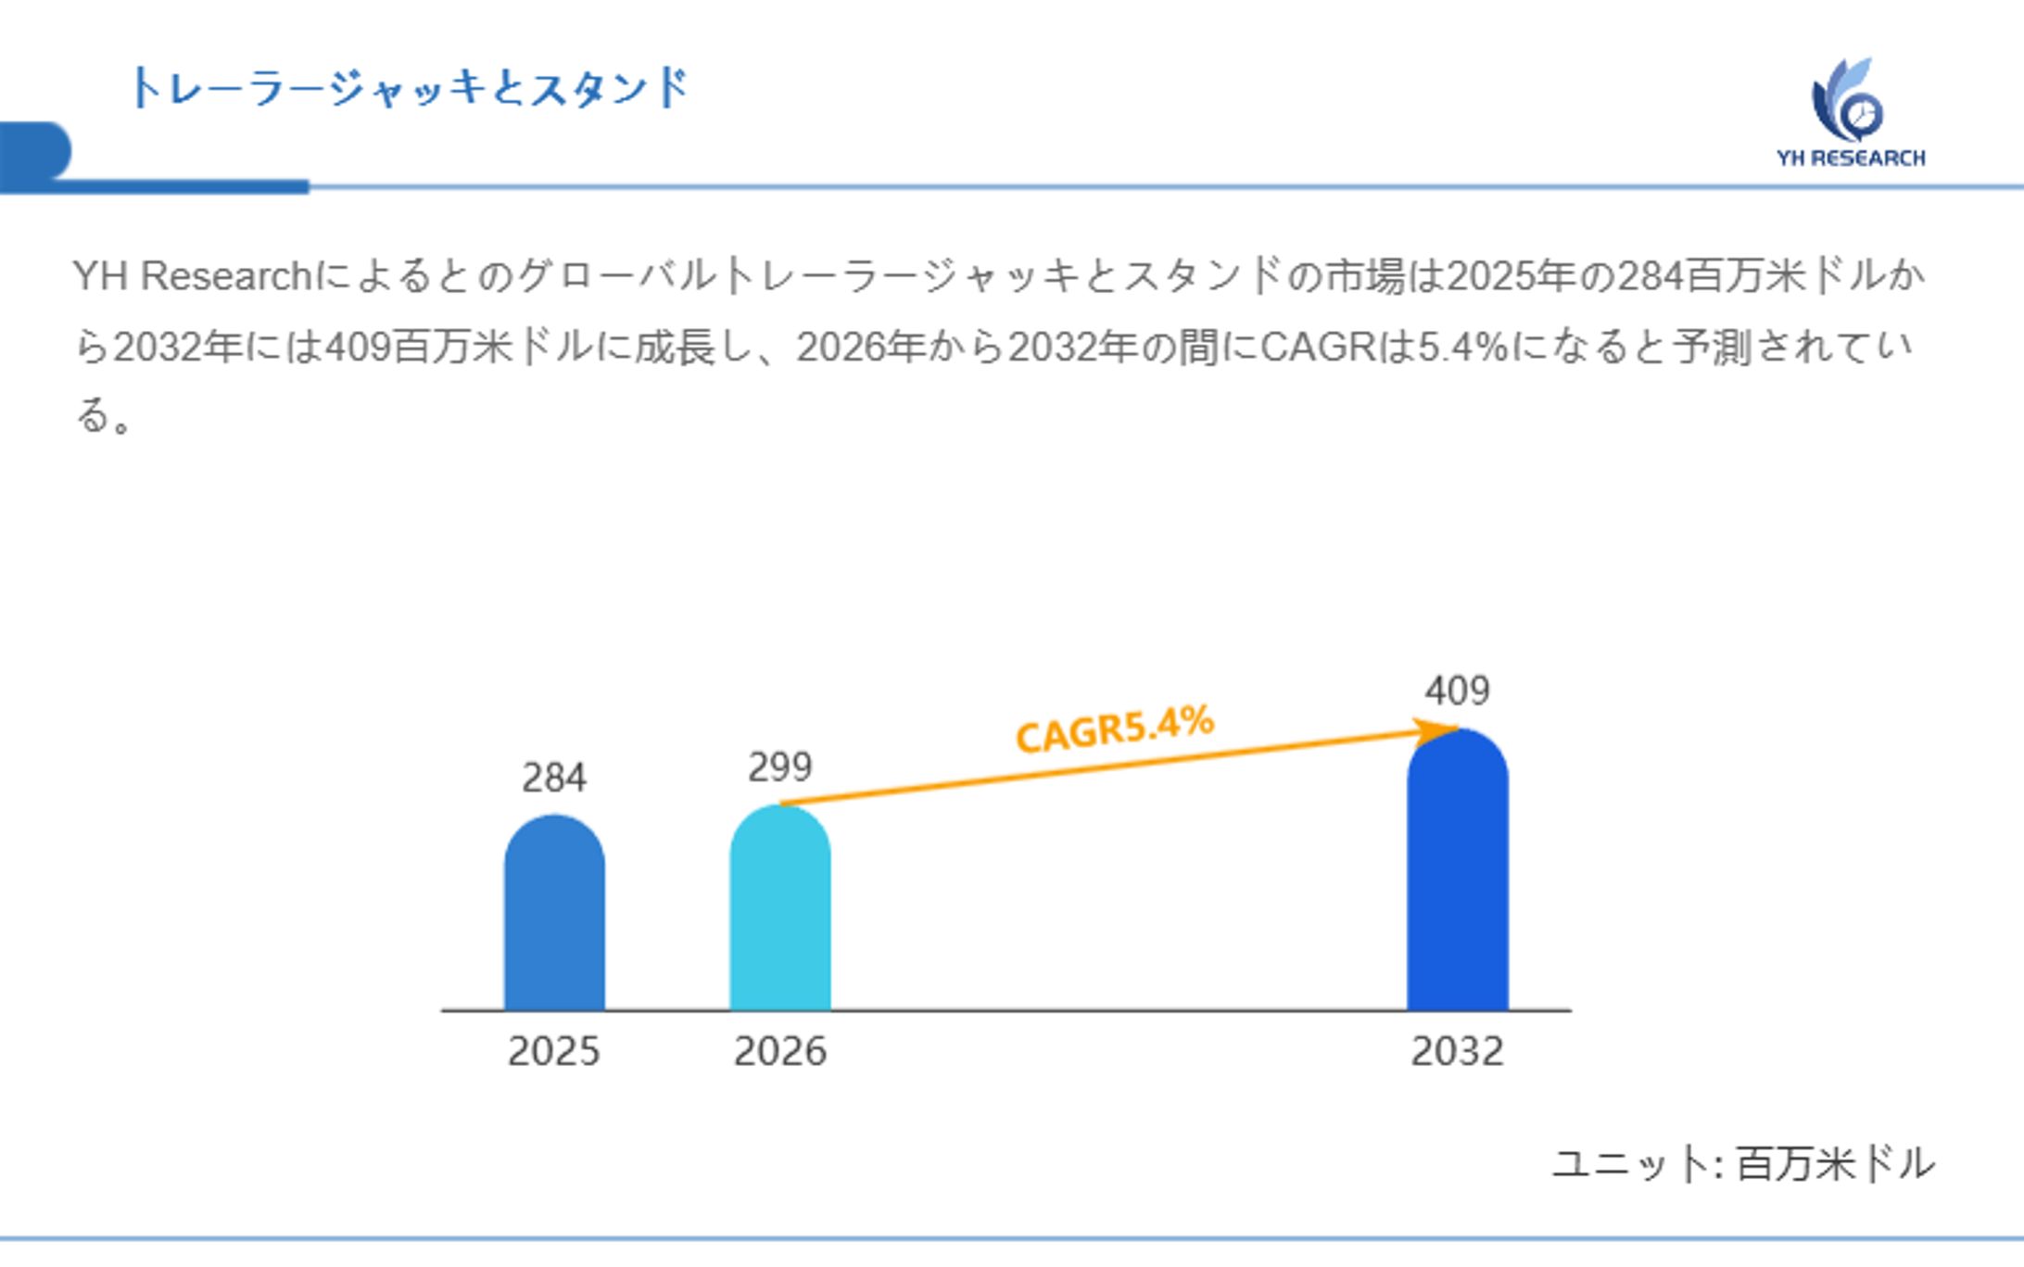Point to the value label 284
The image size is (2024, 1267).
[x=554, y=778]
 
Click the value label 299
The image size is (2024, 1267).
[x=780, y=767]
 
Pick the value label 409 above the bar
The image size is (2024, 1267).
[x=1457, y=691]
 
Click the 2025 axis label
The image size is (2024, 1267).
[x=554, y=1051]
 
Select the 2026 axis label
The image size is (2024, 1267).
[x=780, y=1051]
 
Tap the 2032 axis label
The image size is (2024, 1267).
[x=1457, y=1051]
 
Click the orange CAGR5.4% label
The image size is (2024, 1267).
[x=1115, y=729]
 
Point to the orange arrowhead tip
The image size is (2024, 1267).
[x=1455, y=729]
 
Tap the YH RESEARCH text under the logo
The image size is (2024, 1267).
[x=1851, y=158]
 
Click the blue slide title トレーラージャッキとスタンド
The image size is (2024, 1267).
[x=409, y=88]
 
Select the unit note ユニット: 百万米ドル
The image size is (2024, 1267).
[x=1743, y=1163]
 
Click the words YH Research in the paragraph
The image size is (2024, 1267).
[x=192, y=275]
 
